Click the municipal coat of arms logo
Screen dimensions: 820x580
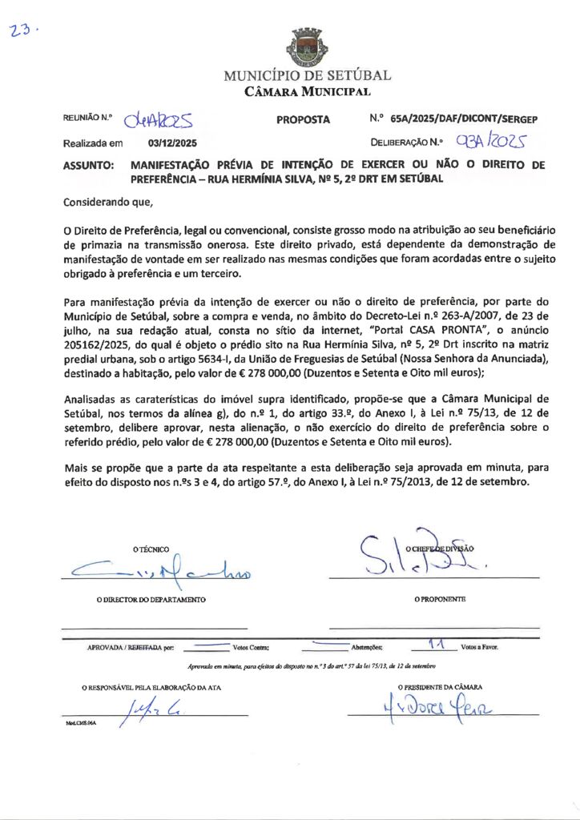(307, 47)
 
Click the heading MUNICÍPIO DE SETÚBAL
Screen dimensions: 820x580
(307, 76)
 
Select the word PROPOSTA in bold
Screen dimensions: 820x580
(303, 119)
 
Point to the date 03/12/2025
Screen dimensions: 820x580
(172, 143)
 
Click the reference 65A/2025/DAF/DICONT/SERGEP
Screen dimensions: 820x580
(464, 119)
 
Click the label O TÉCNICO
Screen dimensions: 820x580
(151, 549)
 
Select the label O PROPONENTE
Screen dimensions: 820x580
(440, 599)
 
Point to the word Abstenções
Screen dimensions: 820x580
(368, 647)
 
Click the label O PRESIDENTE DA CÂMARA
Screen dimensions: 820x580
(440, 687)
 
